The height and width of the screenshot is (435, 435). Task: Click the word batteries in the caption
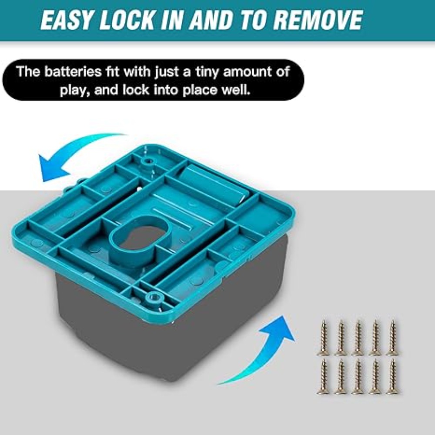(73, 72)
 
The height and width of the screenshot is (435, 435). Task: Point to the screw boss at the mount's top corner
(147, 161)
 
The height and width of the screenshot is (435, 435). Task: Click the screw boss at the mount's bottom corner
(153, 298)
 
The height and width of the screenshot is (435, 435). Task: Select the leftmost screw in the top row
(324, 338)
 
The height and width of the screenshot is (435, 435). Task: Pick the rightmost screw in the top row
(392, 338)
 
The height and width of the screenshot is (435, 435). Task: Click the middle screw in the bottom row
(358, 376)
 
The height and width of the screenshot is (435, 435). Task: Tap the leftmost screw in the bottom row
(324, 376)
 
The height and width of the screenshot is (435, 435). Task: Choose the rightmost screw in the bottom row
(392, 376)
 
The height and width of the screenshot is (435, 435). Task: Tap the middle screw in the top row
(358, 338)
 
